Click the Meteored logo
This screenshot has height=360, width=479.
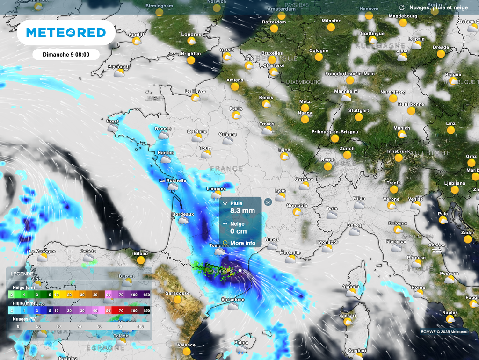[65, 32]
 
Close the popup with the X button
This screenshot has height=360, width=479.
[268, 202]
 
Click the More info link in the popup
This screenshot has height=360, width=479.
[242, 243]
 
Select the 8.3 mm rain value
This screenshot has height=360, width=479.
[242, 211]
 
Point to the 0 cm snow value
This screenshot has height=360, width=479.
[238, 231]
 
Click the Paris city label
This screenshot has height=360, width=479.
[236, 108]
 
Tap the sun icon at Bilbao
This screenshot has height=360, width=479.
[140, 260]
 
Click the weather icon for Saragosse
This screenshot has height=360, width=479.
[177, 299]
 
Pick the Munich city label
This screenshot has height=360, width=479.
[401, 128]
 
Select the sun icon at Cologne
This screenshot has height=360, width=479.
[319, 57]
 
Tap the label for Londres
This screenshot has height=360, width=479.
[191, 34]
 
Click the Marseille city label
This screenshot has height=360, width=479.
[290, 252]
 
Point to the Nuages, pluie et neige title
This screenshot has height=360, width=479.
[438, 7]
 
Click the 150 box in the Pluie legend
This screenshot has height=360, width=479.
[146, 310]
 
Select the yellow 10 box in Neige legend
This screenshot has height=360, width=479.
[56, 295]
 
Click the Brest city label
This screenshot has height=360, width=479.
[113, 121]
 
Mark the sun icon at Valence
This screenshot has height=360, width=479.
[187, 351]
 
